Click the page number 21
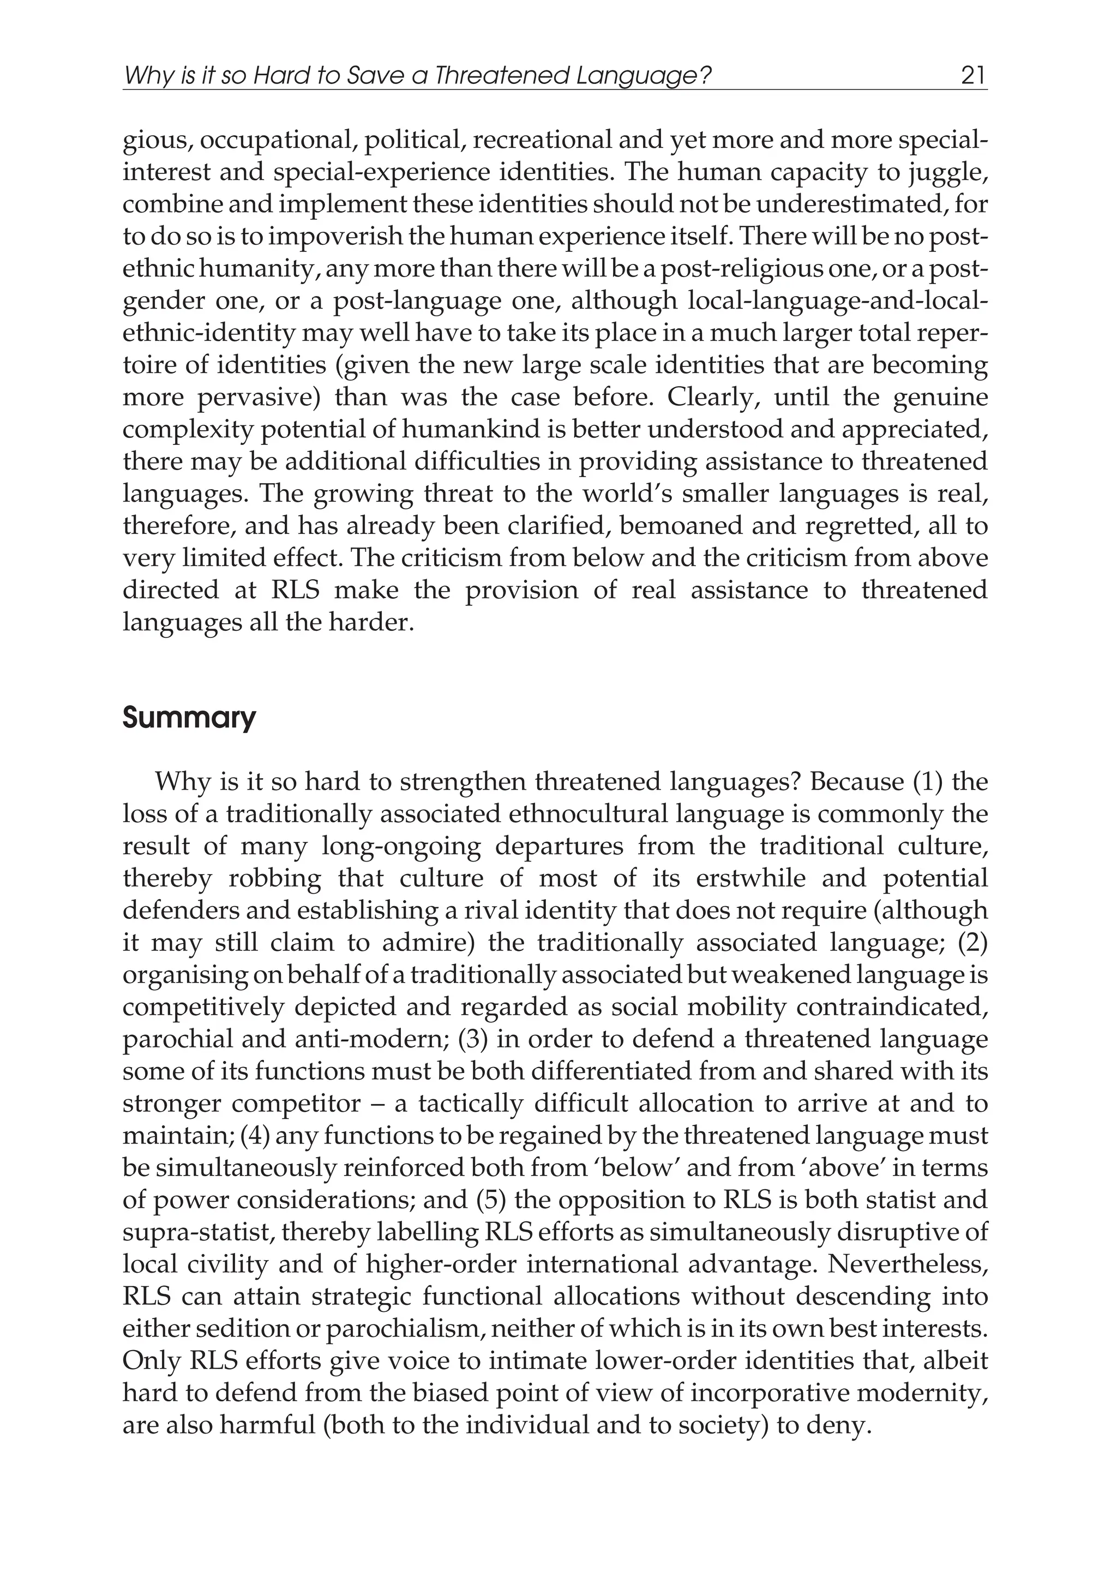973,75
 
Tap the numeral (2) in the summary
973,942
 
